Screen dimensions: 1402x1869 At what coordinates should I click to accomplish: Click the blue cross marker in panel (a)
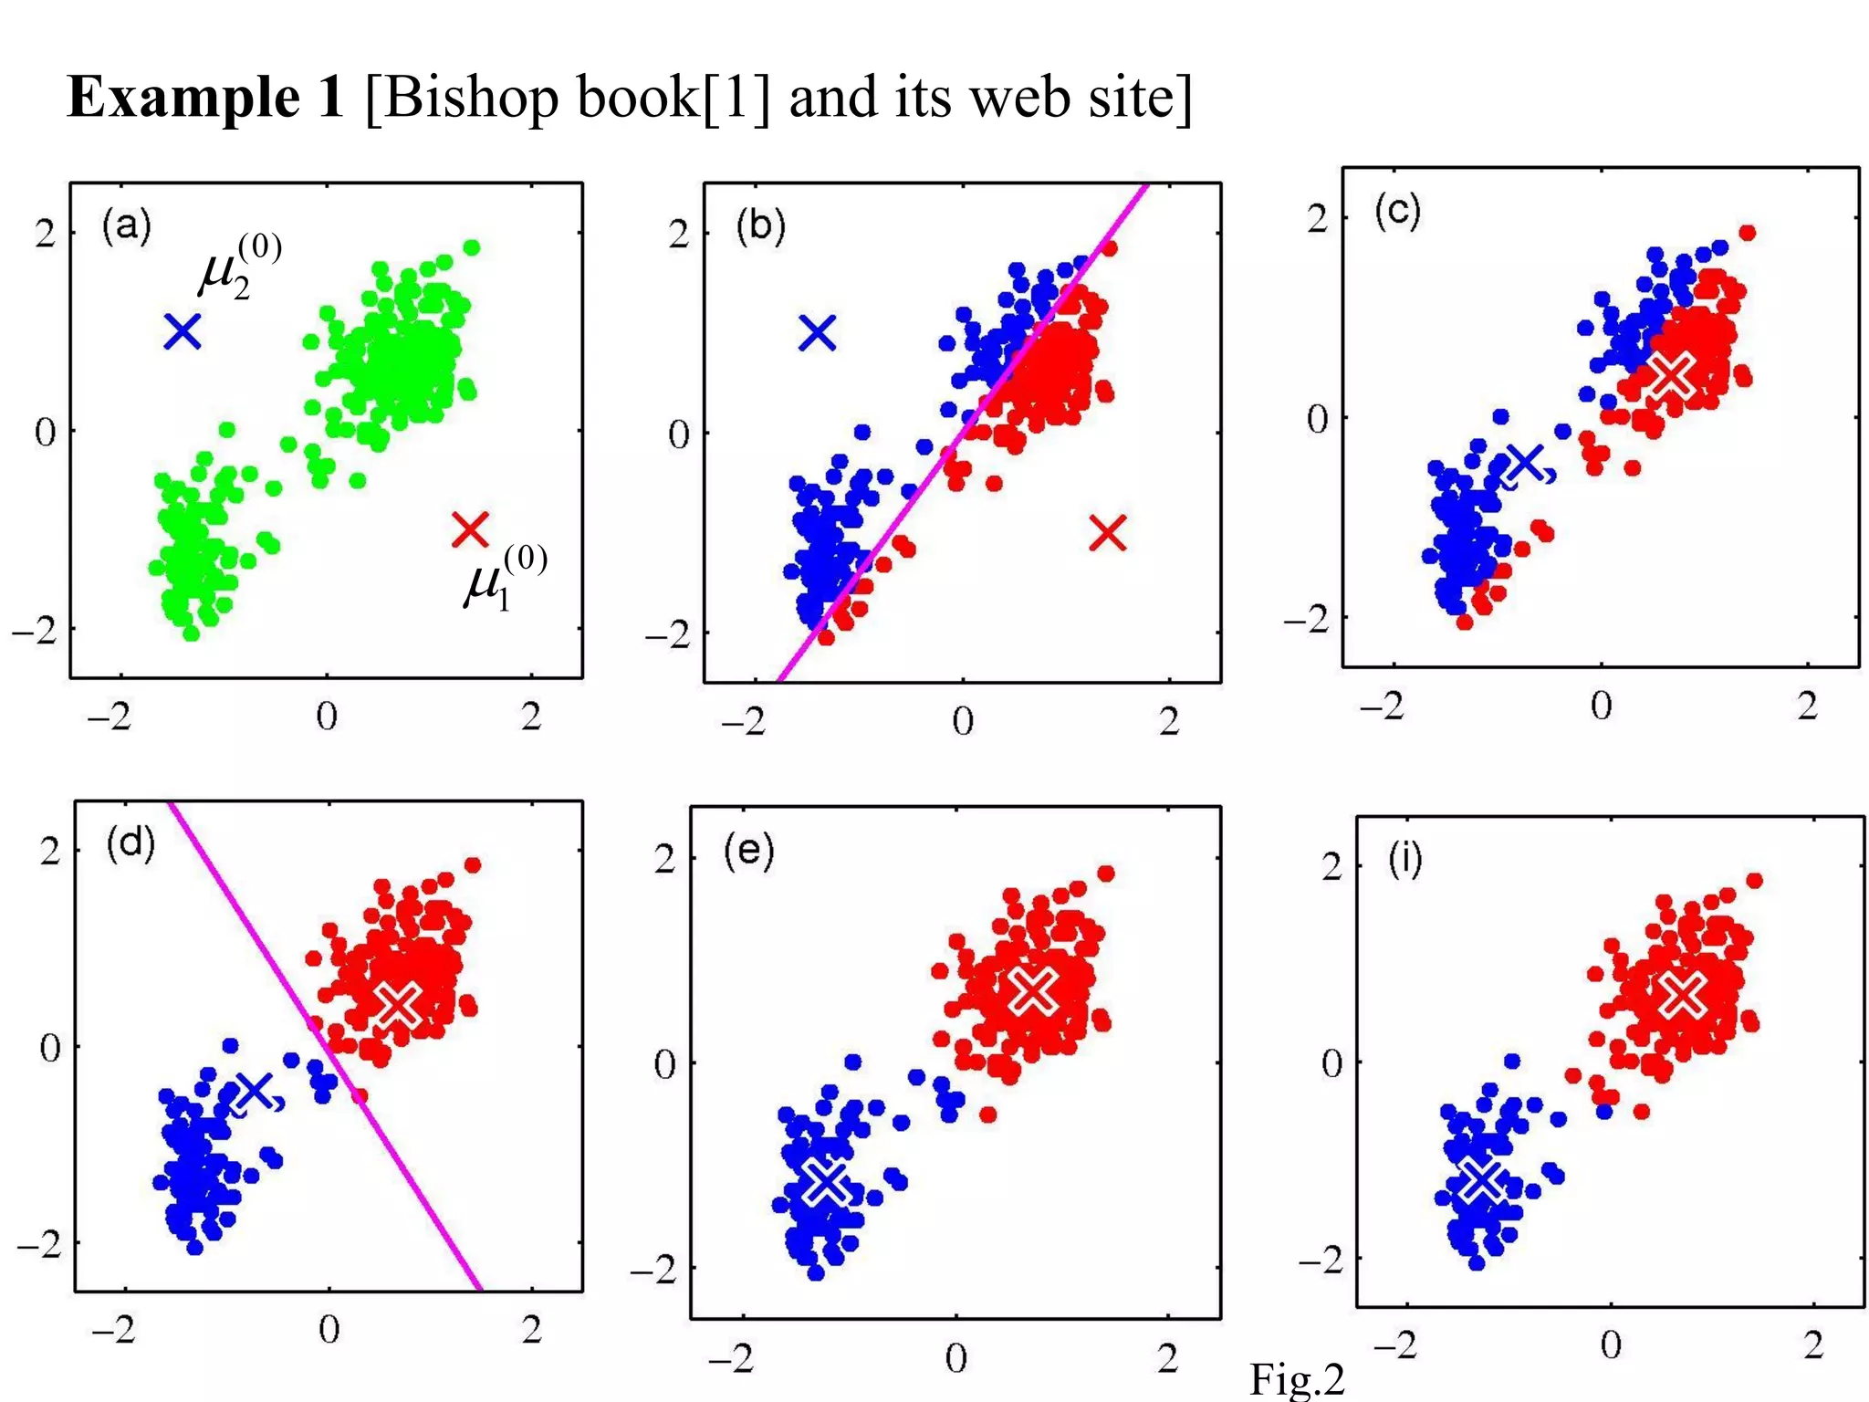click(183, 331)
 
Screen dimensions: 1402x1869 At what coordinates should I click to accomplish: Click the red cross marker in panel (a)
click(470, 528)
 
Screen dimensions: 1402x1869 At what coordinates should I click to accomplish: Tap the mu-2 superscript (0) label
click(240, 267)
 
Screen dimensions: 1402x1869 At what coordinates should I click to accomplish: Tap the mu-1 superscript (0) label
click(506, 577)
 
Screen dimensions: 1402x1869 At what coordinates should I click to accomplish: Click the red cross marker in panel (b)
click(1108, 532)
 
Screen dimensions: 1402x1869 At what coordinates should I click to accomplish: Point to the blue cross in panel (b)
click(817, 333)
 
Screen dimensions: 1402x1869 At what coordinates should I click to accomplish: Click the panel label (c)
click(1397, 211)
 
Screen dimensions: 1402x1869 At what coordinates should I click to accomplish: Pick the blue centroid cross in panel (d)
click(254, 1090)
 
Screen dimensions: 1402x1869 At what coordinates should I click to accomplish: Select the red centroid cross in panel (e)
click(1034, 990)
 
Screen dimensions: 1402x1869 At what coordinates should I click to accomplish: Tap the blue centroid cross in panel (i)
click(1481, 1178)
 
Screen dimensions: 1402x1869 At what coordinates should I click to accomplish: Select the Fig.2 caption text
click(1297, 1378)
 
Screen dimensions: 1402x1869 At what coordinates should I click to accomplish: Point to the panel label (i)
click(1404, 859)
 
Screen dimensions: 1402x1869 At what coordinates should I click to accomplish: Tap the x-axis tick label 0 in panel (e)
click(955, 1358)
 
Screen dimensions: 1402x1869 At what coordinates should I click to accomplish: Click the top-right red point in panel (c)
click(1747, 233)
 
